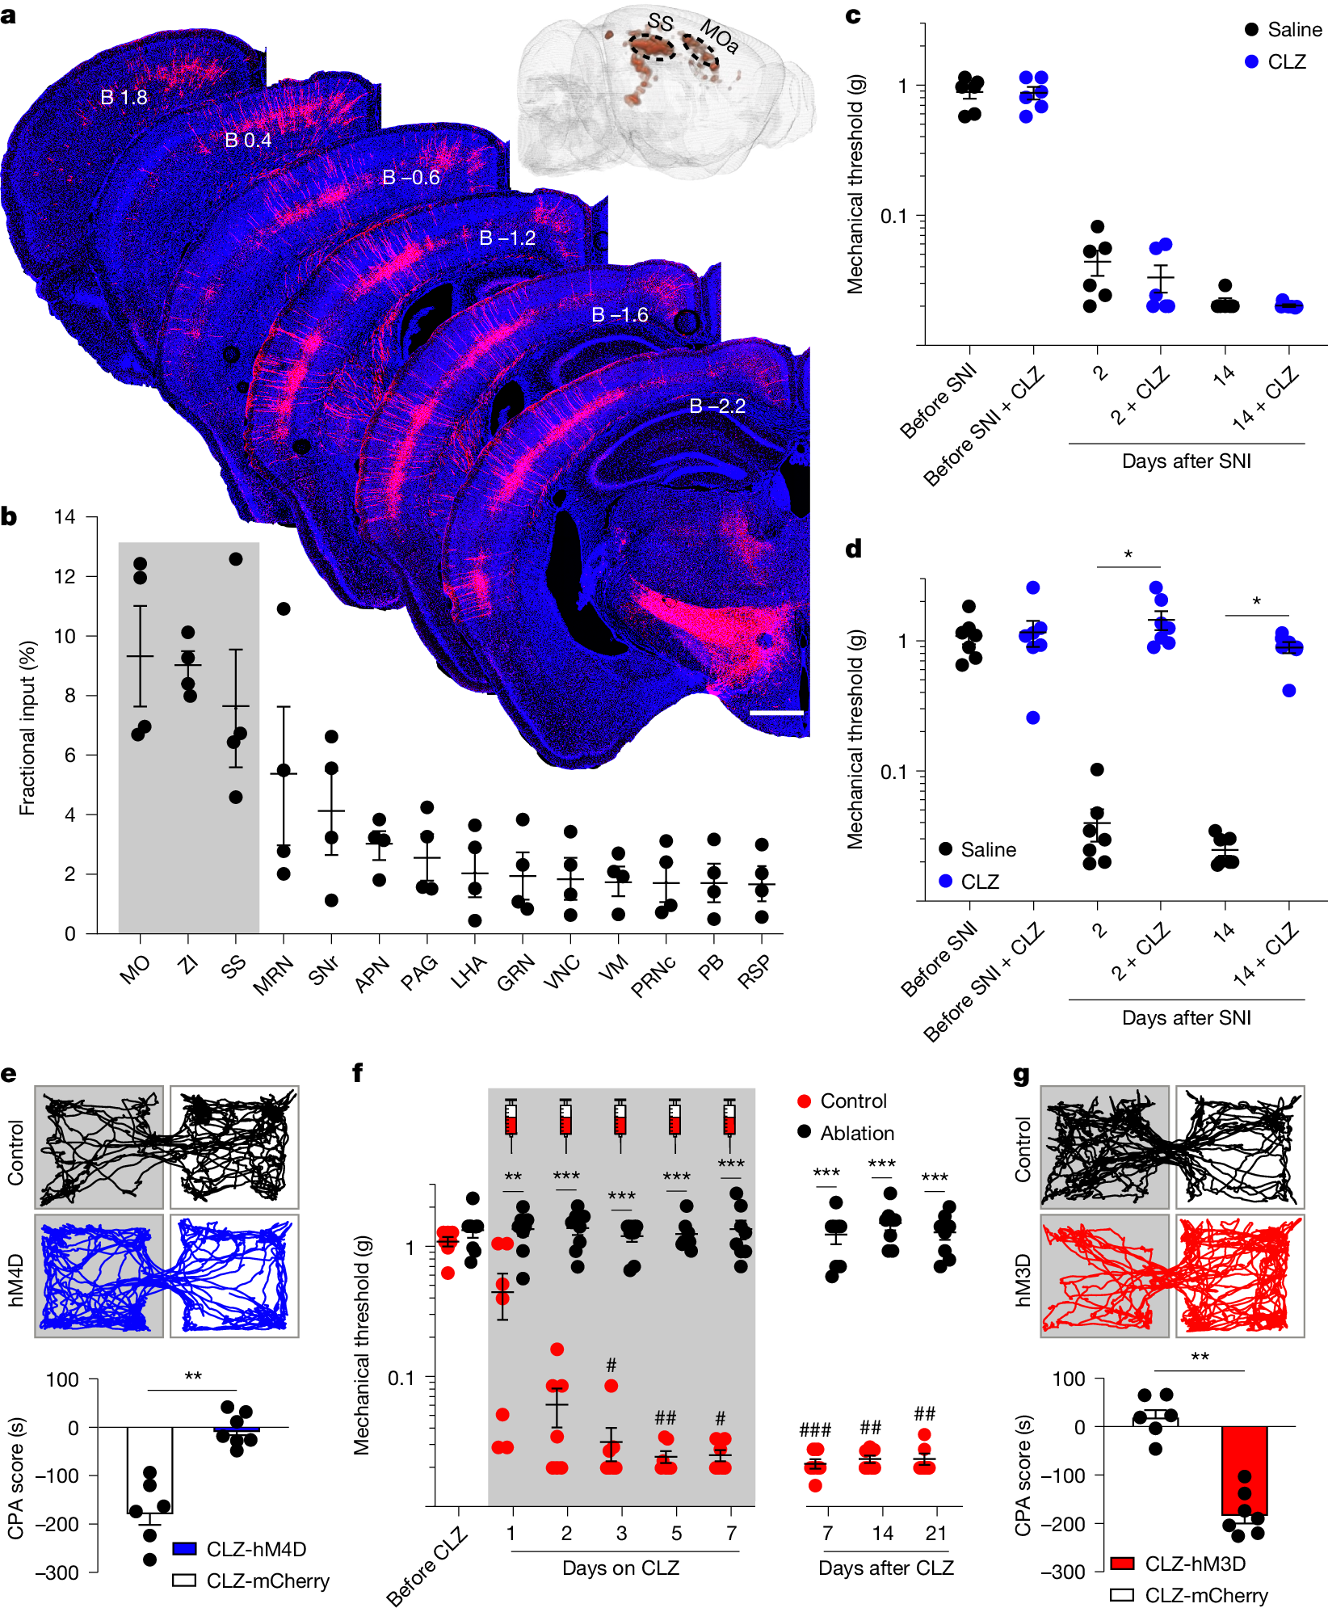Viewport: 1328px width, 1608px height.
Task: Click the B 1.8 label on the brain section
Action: click(124, 98)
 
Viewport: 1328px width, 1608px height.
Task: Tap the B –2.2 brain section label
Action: click(717, 406)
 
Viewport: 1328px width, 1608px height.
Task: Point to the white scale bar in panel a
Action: click(775, 713)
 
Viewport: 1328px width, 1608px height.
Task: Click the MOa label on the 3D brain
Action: click(718, 36)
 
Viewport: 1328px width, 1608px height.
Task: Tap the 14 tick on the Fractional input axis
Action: click(65, 517)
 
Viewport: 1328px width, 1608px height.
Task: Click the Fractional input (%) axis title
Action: click(27, 728)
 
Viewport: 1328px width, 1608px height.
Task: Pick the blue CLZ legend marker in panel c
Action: click(1251, 62)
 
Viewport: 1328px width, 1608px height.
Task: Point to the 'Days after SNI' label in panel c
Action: click(1186, 461)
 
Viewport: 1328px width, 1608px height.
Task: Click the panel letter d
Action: click(853, 549)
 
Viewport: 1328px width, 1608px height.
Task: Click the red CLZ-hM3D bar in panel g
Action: click(1244, 1470)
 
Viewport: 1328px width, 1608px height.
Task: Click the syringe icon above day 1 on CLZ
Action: click(511, 1123)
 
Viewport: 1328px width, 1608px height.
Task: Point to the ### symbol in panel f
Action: click(814, 1429)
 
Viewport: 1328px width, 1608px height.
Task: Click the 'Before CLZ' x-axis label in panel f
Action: click(427, 1566)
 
